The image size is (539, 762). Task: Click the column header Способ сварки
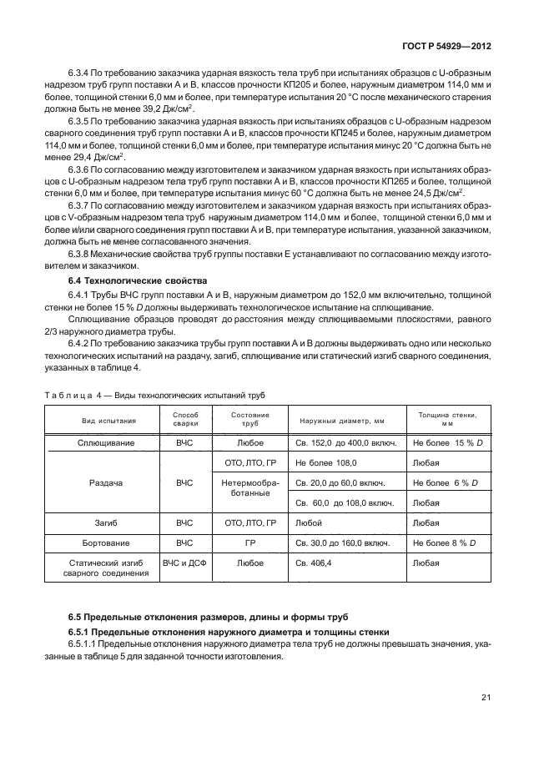(184, 419)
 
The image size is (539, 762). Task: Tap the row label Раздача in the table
(105, 482)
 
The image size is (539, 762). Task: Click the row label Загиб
(105, 523)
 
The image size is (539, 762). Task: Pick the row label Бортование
(105, 543)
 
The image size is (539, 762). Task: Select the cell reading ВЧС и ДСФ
(184, 563)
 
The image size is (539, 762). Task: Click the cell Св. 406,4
(315, 563)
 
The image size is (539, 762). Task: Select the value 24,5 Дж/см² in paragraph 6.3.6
(434, 190)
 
